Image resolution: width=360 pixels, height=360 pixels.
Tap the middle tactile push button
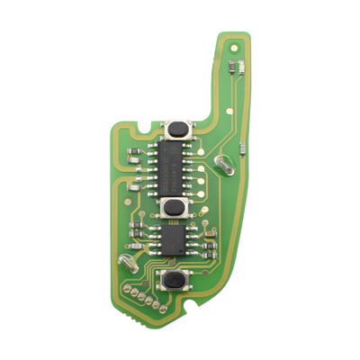point(174,206)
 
